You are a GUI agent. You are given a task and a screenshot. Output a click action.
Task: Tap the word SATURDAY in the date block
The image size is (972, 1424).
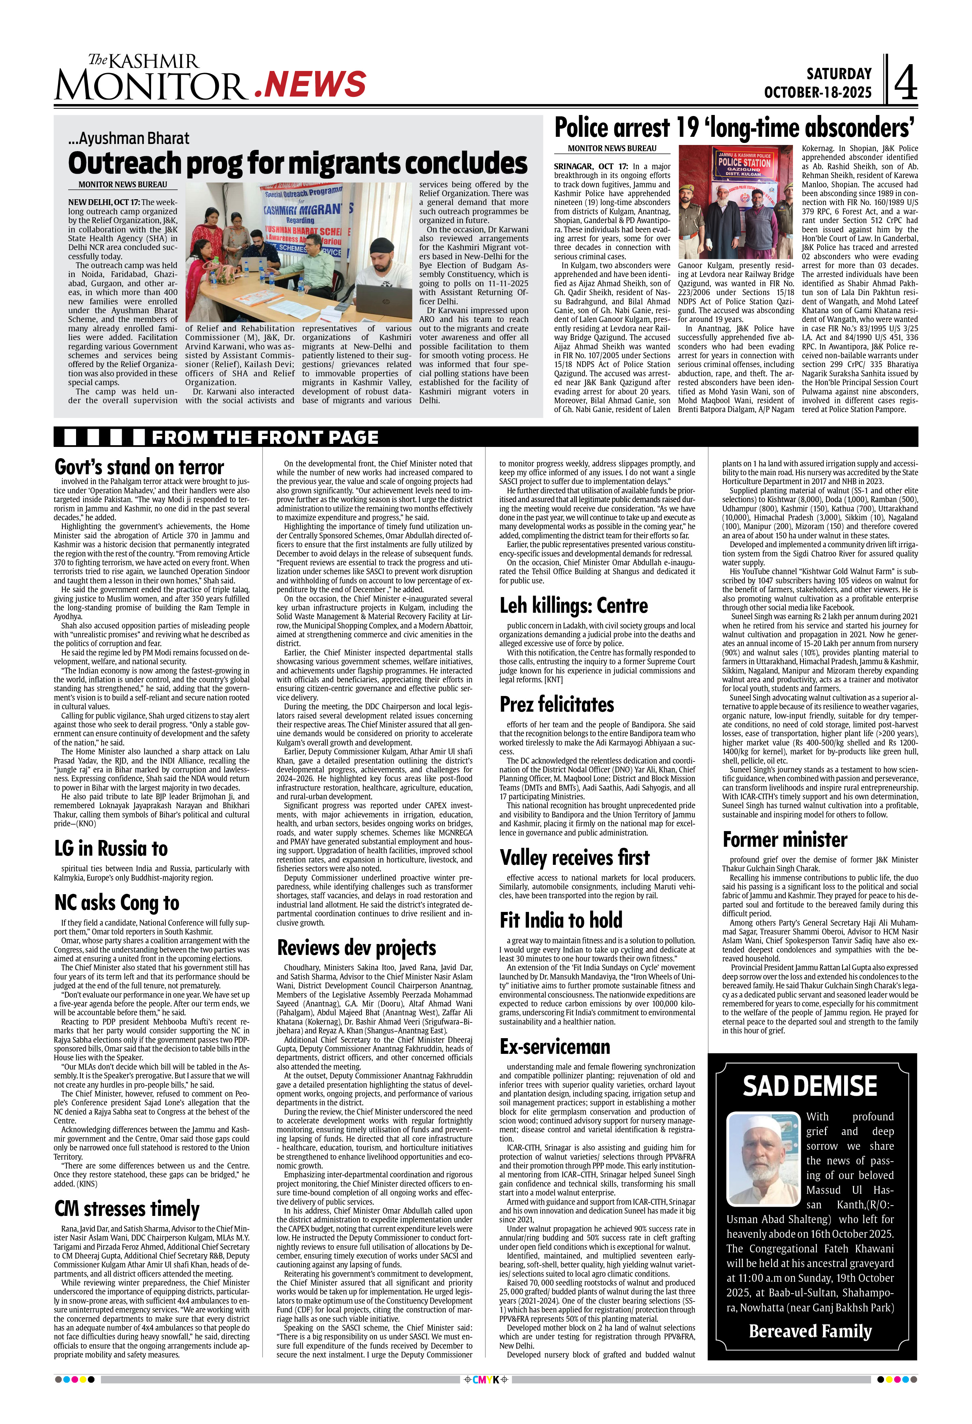(839, 74)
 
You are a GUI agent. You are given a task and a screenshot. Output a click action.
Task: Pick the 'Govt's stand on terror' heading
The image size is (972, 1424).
(139, 467)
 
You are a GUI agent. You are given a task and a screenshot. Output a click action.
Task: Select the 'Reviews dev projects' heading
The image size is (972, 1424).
(356, 947)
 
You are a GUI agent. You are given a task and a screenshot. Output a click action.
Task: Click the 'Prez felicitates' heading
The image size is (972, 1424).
(557, 704)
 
